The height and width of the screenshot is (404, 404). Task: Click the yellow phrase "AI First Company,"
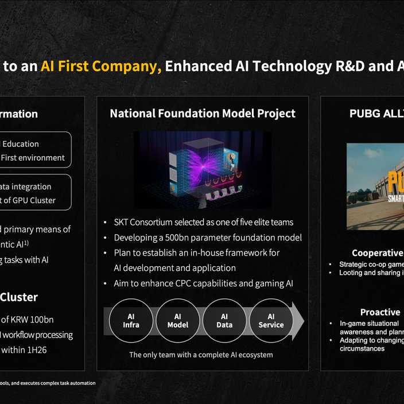pyautogui.click(x=100, y=67)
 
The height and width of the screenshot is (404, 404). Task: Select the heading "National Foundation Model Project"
pyautogui.click(x=203, y=114)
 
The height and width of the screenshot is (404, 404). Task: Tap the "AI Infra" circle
pyautogui.click(x=131, y=321)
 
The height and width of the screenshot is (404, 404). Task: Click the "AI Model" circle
pyautogui.click(x=177, y=321)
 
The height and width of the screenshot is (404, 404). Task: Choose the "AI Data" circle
pyautogui.click(x=224, y=321)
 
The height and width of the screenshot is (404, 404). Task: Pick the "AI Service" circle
pyautogui.click(x=271, y=321)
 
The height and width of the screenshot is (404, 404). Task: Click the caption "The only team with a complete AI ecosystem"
pyautogui.click(x=201, y=355)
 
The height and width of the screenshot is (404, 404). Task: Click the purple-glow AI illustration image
pyautogui.click(x=203, y=169)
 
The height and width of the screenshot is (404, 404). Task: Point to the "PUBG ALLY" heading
pyautogui.click(x=376, y=114)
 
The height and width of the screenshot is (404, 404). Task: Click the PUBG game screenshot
pyautogui.click(x=375, y=187)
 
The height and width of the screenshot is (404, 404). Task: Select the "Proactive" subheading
pyautogui.click(x=380, y=312)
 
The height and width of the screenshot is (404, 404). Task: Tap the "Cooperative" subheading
pyautogui.click(x=377, y=253)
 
